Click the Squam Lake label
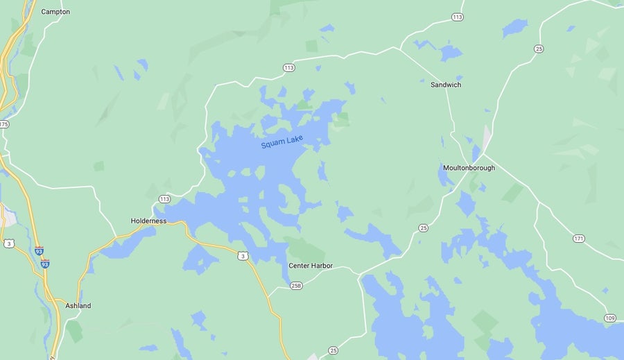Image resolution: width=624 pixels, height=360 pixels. click(x=282, y=142)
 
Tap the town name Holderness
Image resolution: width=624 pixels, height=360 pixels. click(x=148, y=221)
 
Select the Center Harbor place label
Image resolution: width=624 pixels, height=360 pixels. click(x=311, y=266)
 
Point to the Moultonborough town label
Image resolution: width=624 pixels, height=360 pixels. click(x=469, y=168)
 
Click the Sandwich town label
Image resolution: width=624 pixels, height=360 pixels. click(x=445, y=85)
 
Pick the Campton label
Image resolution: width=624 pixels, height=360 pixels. click(x=55, y=12)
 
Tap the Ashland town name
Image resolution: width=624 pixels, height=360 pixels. click(x=78, y=306)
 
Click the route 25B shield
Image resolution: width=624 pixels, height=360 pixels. click(x=296, y=285)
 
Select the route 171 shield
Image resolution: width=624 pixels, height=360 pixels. click(x=579, y=239)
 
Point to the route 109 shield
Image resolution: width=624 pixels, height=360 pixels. click(x=609, y=318)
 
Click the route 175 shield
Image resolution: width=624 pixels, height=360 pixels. click(x=3, y=124)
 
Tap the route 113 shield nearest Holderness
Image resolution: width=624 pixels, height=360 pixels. click(x=164, y=199)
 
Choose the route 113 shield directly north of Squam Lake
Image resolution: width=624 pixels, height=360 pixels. click(x=289, y=67)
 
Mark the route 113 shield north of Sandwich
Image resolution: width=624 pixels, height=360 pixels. click(x=457, y=17)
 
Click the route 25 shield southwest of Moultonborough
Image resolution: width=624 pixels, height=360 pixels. click(x=423, y=228)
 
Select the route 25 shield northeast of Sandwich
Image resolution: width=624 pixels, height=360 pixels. click(x=539, y=49)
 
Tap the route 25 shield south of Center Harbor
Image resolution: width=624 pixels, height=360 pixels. click(x=333, y=350)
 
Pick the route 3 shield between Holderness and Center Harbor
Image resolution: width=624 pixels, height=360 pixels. click(x=243, y=256)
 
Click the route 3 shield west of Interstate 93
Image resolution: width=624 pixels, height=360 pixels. click(x=9, y=243)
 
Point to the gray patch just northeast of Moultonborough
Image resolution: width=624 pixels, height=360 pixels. click(x=487, y=138)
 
